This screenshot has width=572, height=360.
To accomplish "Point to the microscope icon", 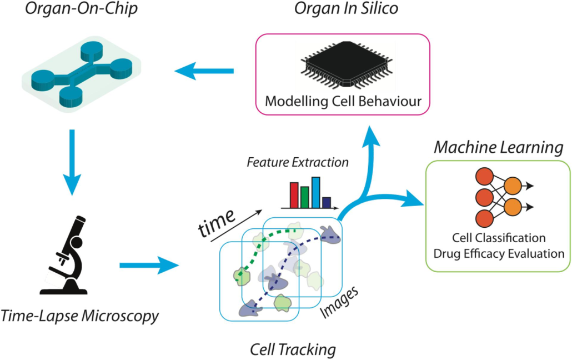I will click(66, 256).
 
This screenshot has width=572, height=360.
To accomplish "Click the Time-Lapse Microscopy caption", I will click(80, 317).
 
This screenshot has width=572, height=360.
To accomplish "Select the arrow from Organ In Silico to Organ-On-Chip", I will click(204, 71).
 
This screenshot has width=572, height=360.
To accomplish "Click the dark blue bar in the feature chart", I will click(327, 202).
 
